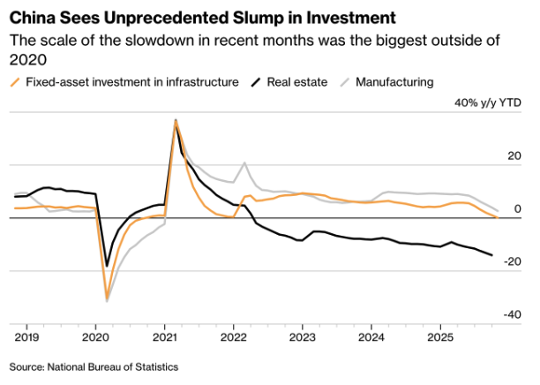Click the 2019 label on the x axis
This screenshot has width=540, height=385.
pos(26,337)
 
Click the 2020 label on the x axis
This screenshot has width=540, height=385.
pos(95,337)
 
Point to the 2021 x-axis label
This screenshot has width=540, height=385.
pos(165,337)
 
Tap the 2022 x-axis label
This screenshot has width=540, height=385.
pos(233,337)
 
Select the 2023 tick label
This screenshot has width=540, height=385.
pos(303,337)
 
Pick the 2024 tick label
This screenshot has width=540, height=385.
pos(371,337)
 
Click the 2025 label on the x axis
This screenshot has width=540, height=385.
pos(440,337)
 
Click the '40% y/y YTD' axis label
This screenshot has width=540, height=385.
pos(487,102)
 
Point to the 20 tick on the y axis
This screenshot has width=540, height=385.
pos(518,155)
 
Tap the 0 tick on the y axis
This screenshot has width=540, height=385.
pos(521,208)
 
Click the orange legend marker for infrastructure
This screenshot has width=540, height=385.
pos(15,82)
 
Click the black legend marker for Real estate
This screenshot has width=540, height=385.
pos(255,82)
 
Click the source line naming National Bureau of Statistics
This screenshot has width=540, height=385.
pos(94,366)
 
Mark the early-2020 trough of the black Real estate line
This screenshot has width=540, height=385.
pos(107,266)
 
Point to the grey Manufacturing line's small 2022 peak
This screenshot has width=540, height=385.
pos(244,163)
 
